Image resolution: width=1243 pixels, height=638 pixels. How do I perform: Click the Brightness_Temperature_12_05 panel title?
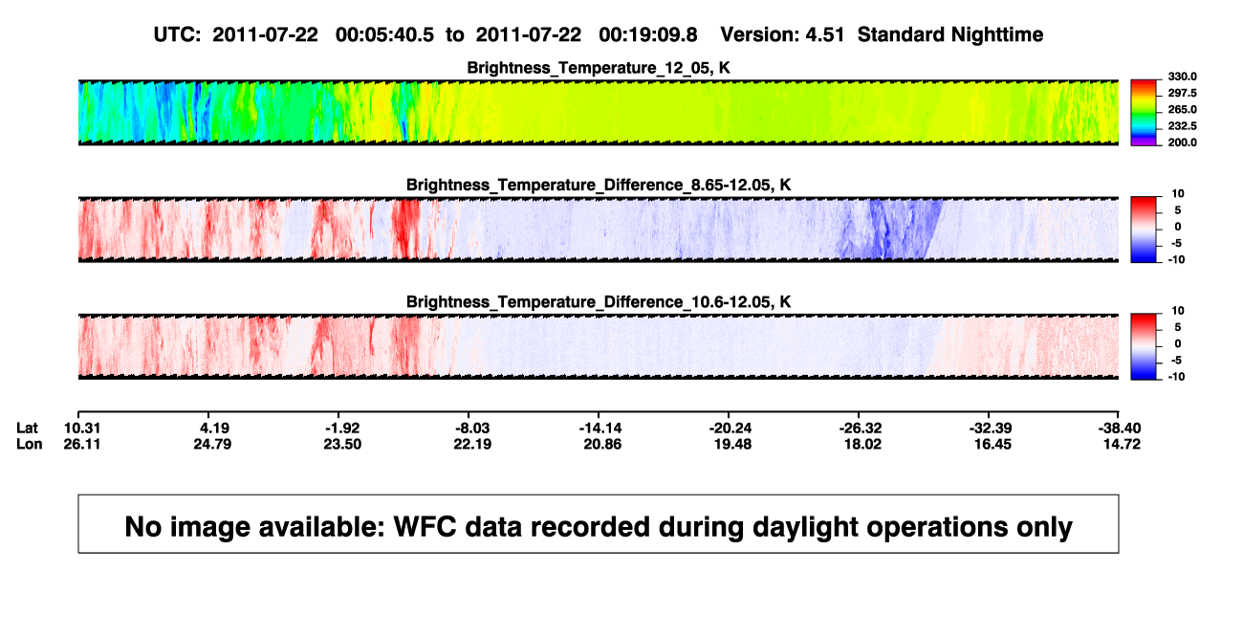pyautogui.click(x=599, y=68)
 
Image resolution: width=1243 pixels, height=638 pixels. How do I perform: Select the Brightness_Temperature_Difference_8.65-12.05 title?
pyautogui.click(x=599, y=185)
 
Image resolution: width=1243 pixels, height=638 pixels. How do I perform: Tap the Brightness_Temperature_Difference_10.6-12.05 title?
pyautogui.click(x=599, y=302)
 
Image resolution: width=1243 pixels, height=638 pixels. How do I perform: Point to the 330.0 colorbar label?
pyautogui.click(x=1182, y=77)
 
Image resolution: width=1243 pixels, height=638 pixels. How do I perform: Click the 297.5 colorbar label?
pyautogui.click(x=1182, y=93)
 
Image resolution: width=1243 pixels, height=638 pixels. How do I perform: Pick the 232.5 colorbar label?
pyautogui.click(x=1182, y=126)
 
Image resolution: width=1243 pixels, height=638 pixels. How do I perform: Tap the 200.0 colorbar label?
pyautogui.click(x=1182, y=143)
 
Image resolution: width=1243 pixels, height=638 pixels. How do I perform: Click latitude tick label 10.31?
pyautogui.click(x=82, y=429)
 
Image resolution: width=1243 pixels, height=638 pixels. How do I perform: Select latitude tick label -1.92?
pyautogui.click(x=342, y=429)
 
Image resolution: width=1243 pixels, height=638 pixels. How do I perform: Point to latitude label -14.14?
pyautogui.click(x=600, y=429)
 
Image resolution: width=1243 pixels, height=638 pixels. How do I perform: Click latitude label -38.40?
pyautogui.click(x=1120, y=429)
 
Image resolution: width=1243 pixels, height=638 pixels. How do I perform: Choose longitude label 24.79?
pyautogui.click(x=212, y=444)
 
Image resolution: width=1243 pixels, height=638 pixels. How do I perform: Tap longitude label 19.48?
pyautogui.click(x=732, y=444)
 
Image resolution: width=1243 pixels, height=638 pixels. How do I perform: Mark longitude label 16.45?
pyautogui.click(x=992, y=444)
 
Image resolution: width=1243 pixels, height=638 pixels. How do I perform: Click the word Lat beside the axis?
pyautogui.click(x=27, y=429)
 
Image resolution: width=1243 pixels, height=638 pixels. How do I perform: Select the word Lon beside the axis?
pyautogui.click(x=30, y=444)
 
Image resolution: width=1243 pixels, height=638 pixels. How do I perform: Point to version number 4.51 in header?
pyautogui.click(x=824, y=35)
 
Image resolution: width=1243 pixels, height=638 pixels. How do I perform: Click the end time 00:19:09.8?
pyautogui.click(x=648, y=35)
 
